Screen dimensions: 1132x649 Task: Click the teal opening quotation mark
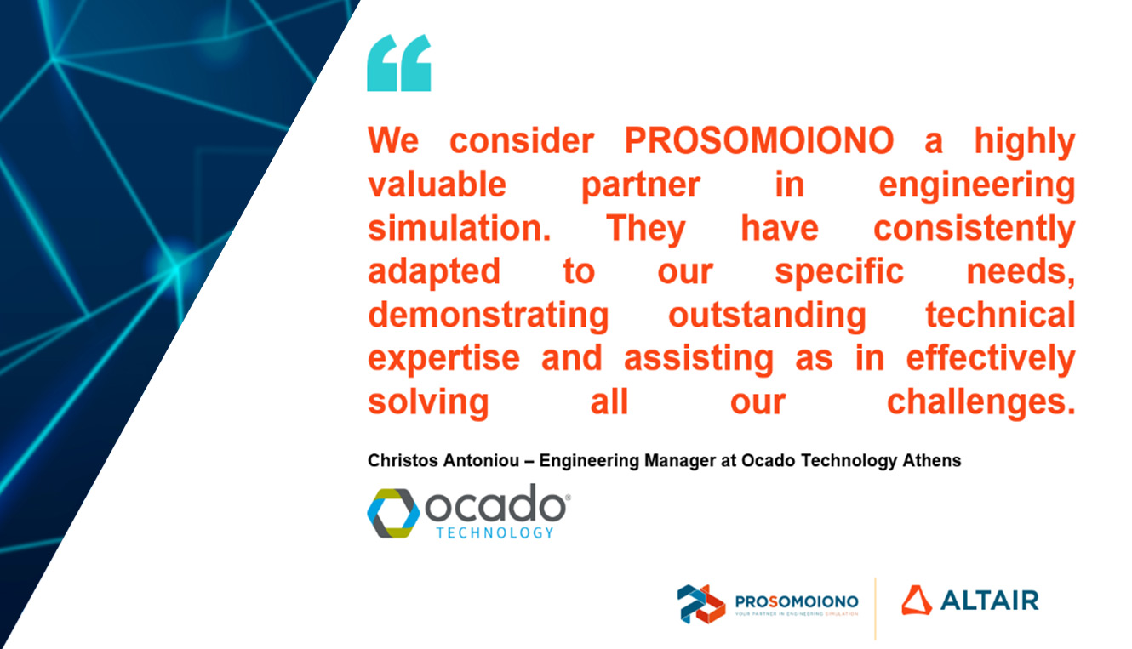point(398,63)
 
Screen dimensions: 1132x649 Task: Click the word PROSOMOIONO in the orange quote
point(759,140)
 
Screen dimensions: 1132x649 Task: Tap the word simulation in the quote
point(460,228)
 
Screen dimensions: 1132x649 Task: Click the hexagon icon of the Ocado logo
point(393,513)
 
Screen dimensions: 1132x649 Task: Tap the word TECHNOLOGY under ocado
point(495,533)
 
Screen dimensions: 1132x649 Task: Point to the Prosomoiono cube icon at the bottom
point(700,604)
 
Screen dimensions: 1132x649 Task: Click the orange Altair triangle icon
point(916,600)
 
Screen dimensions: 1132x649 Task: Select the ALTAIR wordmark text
point(990,601)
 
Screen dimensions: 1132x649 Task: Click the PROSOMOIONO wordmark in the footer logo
point(797,601)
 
